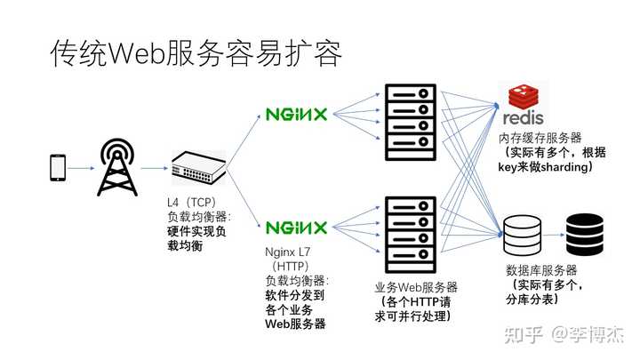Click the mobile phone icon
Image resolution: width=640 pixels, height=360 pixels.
pyautogui.click(x=58, y=167)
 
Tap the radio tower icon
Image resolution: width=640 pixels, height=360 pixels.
pyautogui.click(x=117, y=167)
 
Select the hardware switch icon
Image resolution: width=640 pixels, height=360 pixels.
pyautogui.click(x=198, y=167)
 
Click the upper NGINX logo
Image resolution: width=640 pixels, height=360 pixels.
pyautogui.click(x=296, y=114)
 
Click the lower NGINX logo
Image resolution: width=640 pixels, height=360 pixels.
pyautogui.click(x=296, y=228)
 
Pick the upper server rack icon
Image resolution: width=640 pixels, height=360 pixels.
pyautogui.click(x=411, y=122)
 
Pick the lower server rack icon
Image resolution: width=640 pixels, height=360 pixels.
pyautogui.click(x=411, y=235)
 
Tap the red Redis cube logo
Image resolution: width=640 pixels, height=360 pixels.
pyautogui.click(x=524, y=96)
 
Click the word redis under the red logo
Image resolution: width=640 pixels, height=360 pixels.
pyautogui.click(x=523, y=118)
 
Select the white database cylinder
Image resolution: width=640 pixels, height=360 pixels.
pyautogui.click(x=523, y=236)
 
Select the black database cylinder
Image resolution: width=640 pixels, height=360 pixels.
pyautogui.click(x=585, y=235)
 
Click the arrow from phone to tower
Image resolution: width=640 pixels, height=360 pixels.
pyautogui.click(x=81, y=168)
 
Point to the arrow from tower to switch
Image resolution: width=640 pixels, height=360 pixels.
pyautogui.click(x=155, y=168)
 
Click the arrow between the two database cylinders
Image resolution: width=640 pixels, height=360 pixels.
pyautogui.click(x=554, y=235)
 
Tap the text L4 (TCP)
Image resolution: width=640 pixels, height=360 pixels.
pyautogui.click(x=191, y=202)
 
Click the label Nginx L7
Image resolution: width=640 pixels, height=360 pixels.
pyautogui.click(x=287, y=252)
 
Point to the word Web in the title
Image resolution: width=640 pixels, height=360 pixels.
pyautogui.click(x=136, y=53)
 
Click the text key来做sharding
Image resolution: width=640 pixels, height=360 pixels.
pyautogui.click(x=545, y=167)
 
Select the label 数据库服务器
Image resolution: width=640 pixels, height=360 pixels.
pyautogui.click(x=541, y=270)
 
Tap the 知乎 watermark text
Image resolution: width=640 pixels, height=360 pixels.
pyautogui.click(x=524, y=335)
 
